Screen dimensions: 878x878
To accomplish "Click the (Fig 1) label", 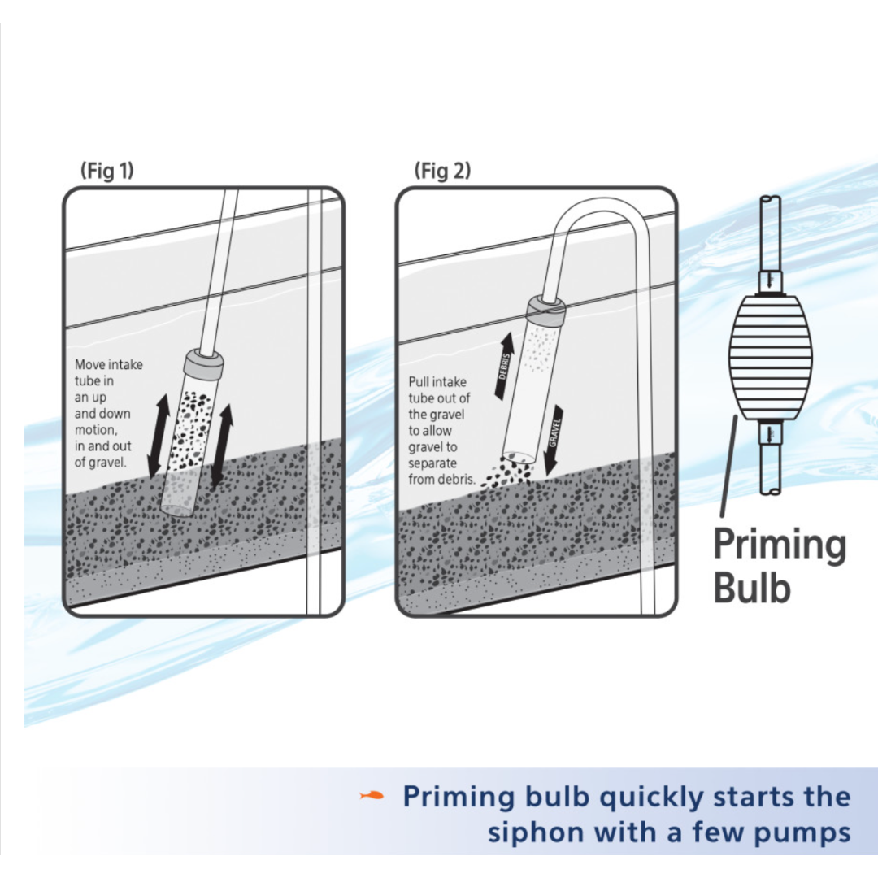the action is point(107,170).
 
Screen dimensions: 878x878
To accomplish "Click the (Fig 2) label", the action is point(442,170).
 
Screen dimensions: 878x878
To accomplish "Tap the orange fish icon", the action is point(372,795).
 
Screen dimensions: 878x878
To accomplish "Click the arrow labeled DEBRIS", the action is point(505,366).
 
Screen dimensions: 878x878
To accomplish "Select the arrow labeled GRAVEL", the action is point(554,438).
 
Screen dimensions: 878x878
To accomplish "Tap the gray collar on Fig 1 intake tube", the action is point(204,365).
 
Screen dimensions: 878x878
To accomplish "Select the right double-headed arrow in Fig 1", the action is point(222,445).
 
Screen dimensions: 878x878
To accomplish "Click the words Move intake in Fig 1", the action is point(109,364).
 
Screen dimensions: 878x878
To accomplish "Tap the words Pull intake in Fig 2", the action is point(437,382).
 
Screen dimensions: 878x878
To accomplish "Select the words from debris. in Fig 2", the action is point(441,480).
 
